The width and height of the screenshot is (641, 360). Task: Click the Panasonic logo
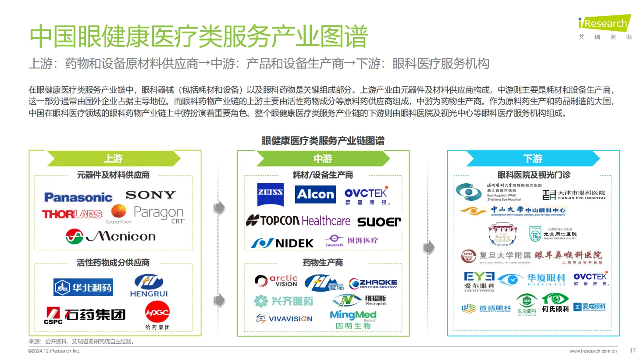[x=78, y=197]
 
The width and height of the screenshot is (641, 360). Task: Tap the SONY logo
[x=150, y=195]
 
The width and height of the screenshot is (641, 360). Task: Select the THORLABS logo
[x=72, y=214]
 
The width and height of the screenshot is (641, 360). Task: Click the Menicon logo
[x=111, y=236]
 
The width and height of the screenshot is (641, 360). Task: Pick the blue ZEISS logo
[x=270, y=194]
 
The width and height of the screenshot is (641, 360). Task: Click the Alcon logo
[x=315, y=194]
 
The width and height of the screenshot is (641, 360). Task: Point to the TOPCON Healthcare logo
[x=298, y=221]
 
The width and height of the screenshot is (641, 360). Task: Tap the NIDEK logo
[x=282, y=243]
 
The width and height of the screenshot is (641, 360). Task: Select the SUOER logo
[x=379, y=222]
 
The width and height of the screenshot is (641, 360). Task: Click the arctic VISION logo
[x=276, y=281]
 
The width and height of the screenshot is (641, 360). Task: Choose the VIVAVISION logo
[x=284, y=319]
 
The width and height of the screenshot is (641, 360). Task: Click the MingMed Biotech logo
[x=353, y=319]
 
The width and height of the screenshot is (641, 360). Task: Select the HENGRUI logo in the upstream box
[x=149, y=285]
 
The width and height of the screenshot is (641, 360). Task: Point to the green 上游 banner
[x=113, y=159]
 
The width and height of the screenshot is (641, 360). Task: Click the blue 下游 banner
[x=533, y=159]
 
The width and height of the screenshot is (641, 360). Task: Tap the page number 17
[x=632, y=351]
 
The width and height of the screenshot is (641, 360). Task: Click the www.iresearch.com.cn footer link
[x=593, y=351]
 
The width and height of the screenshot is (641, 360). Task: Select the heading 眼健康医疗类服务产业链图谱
[x=323, y=141]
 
